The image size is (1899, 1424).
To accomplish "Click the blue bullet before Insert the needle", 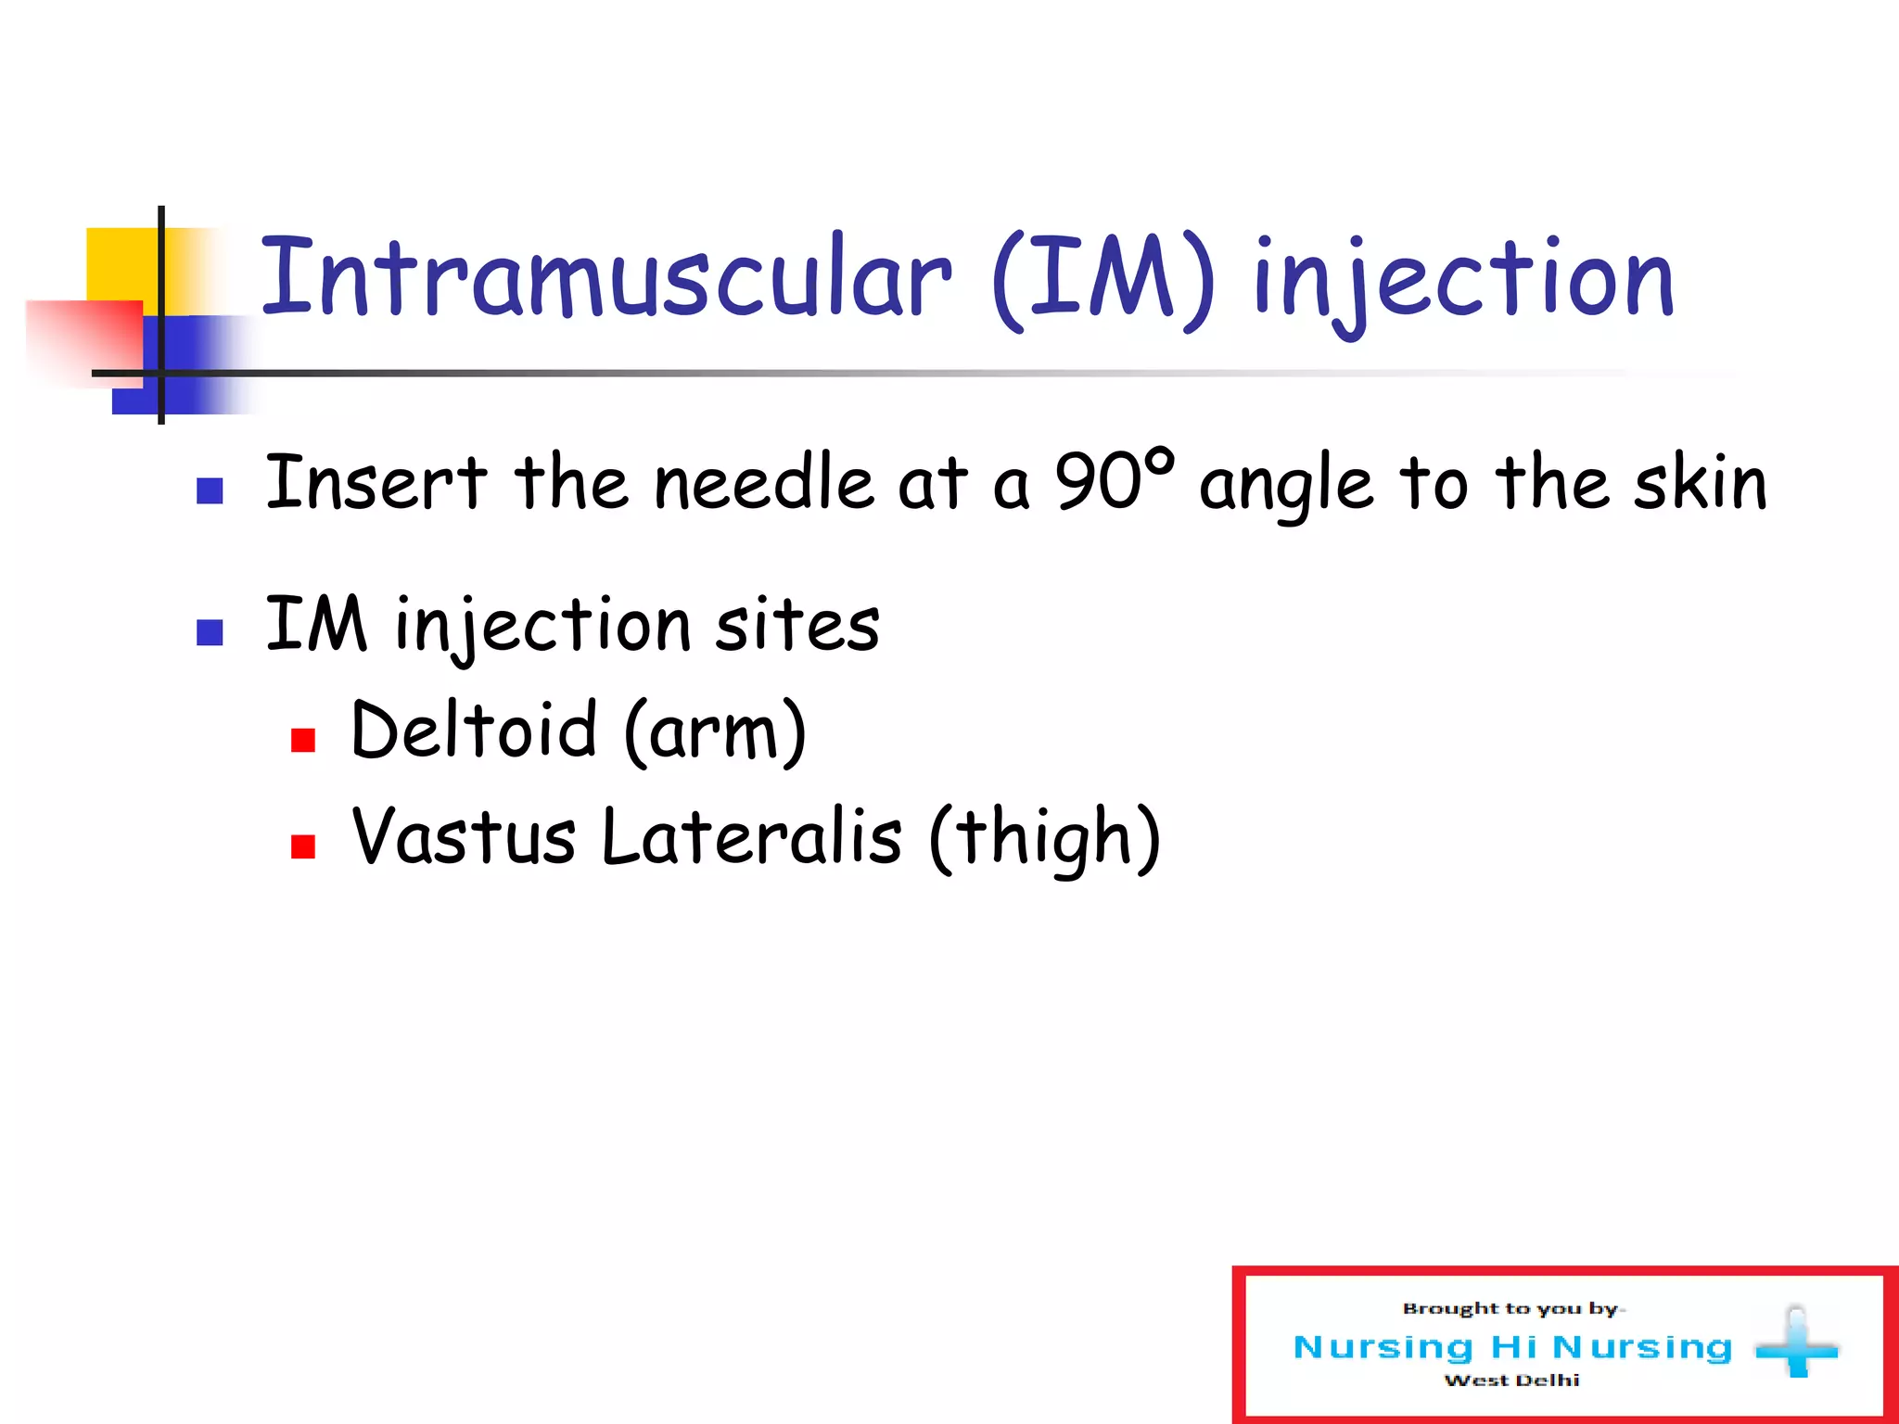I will pos(210,490).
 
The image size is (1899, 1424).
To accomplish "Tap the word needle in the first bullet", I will pos(763,484).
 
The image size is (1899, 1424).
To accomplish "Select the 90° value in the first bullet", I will pos(1114,480).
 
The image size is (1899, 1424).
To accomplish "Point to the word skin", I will pos(1700,484).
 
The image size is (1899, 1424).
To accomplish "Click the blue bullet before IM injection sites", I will pos(210,632).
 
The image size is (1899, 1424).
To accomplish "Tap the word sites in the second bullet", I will pos(797,626).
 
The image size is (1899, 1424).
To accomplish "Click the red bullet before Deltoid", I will pos(303,740).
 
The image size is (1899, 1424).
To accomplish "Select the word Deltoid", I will pos(474,731).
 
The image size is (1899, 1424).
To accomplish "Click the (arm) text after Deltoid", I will pos(715,732).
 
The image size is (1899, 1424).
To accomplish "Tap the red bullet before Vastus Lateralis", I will pos(303,846).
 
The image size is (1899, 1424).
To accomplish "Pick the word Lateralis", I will pos(751,837).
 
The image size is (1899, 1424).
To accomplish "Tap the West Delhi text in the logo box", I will pos(1511,1380).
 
